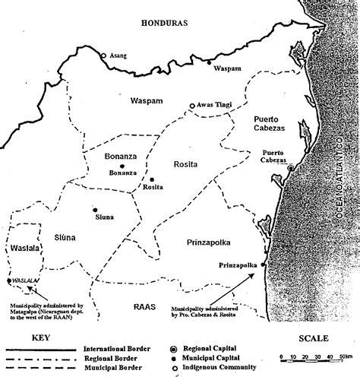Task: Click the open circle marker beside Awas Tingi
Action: (x=191, y=106)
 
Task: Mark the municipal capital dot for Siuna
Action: (x=95, y=209)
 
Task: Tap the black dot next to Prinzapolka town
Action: (x=264, y=265)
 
